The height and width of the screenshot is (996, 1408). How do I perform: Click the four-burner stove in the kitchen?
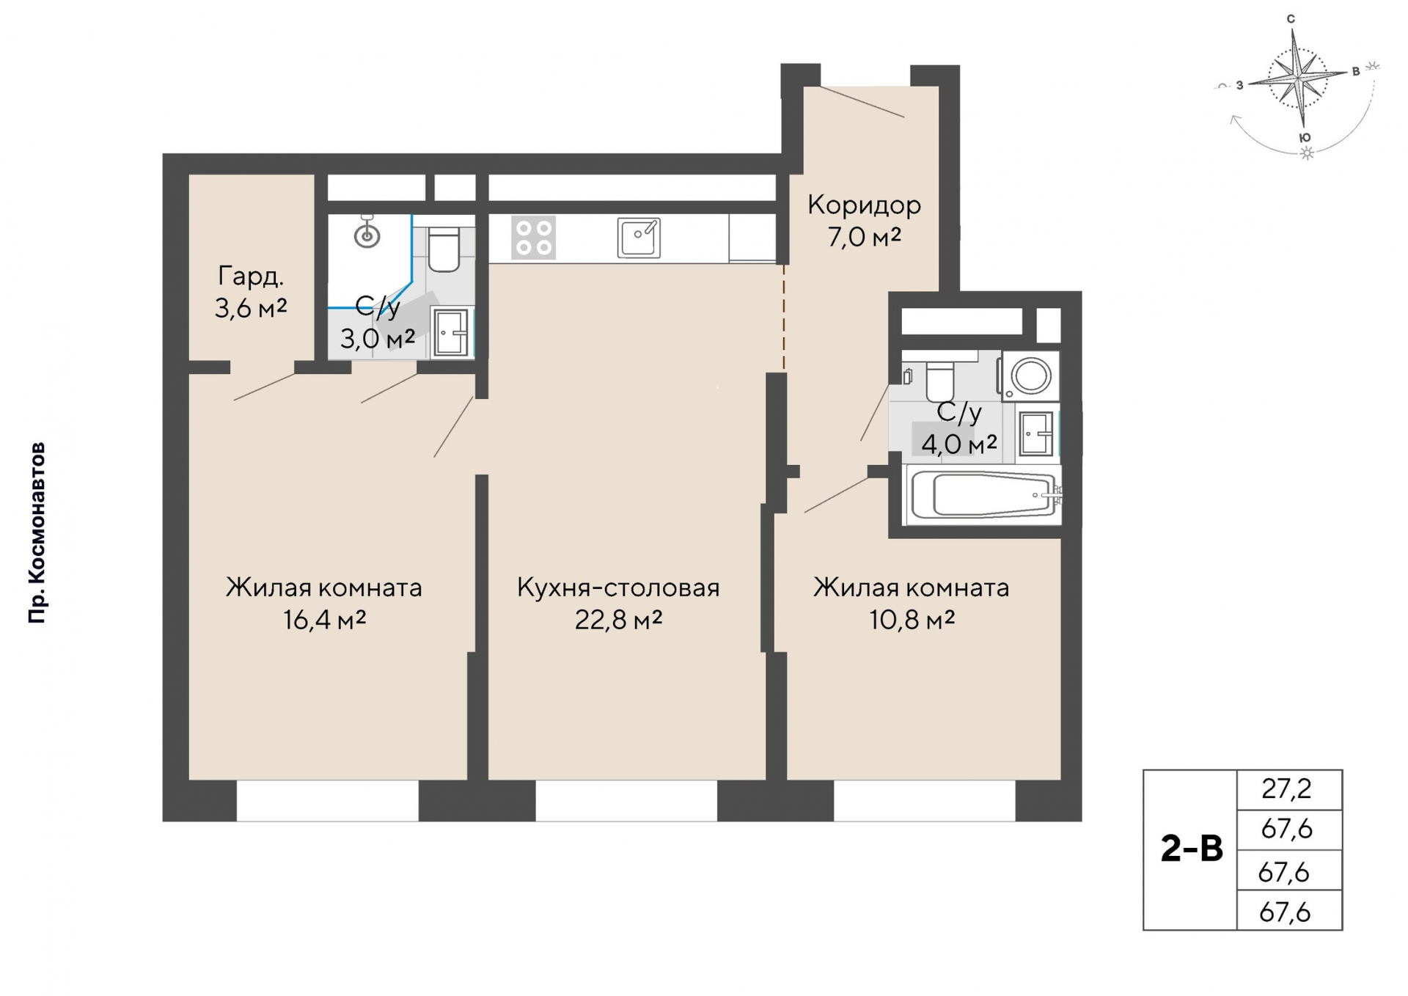[x=534, y=238]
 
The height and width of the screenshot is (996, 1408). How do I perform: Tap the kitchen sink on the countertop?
[x=639, y=238]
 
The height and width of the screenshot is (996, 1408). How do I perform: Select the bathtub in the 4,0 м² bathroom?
[x=984, y=495]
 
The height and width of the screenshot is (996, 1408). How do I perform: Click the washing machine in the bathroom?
[x=1030, y=376]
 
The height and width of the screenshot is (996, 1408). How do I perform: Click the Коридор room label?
[x=864, y=205]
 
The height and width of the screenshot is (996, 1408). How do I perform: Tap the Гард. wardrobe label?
[x=251, y=277]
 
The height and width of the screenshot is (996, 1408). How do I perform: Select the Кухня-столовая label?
[x=618, y=587]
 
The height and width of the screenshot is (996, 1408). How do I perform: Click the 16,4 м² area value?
[x=325, y=620]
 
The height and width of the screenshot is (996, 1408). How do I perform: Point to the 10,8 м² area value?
[x=912, y=620]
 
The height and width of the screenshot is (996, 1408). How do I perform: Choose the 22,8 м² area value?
[x=618, y=620]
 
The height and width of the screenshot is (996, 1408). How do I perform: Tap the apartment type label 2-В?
[x=1192, y=849]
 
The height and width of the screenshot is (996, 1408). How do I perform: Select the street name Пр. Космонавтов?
[x=37, y=533]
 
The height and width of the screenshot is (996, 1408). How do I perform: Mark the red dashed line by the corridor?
[x=783, y=316]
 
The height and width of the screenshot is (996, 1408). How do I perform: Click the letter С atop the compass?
[x=1291, y=19]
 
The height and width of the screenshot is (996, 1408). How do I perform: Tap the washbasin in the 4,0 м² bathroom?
[x=1036, y=433]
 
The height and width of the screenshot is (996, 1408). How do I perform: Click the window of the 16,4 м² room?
[x=328, y=800]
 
